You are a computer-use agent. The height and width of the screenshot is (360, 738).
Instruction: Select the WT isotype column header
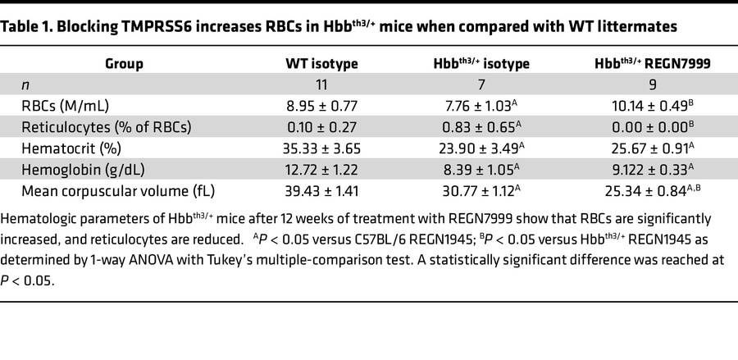pos(321,63)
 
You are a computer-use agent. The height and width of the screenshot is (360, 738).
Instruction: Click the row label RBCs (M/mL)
pos(66,106)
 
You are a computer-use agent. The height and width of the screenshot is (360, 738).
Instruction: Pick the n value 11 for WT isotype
pos(321,84)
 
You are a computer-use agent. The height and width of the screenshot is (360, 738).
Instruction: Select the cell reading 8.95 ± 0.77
pos(321,106)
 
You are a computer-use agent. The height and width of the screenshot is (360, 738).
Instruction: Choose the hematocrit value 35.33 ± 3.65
pos(321,148)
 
